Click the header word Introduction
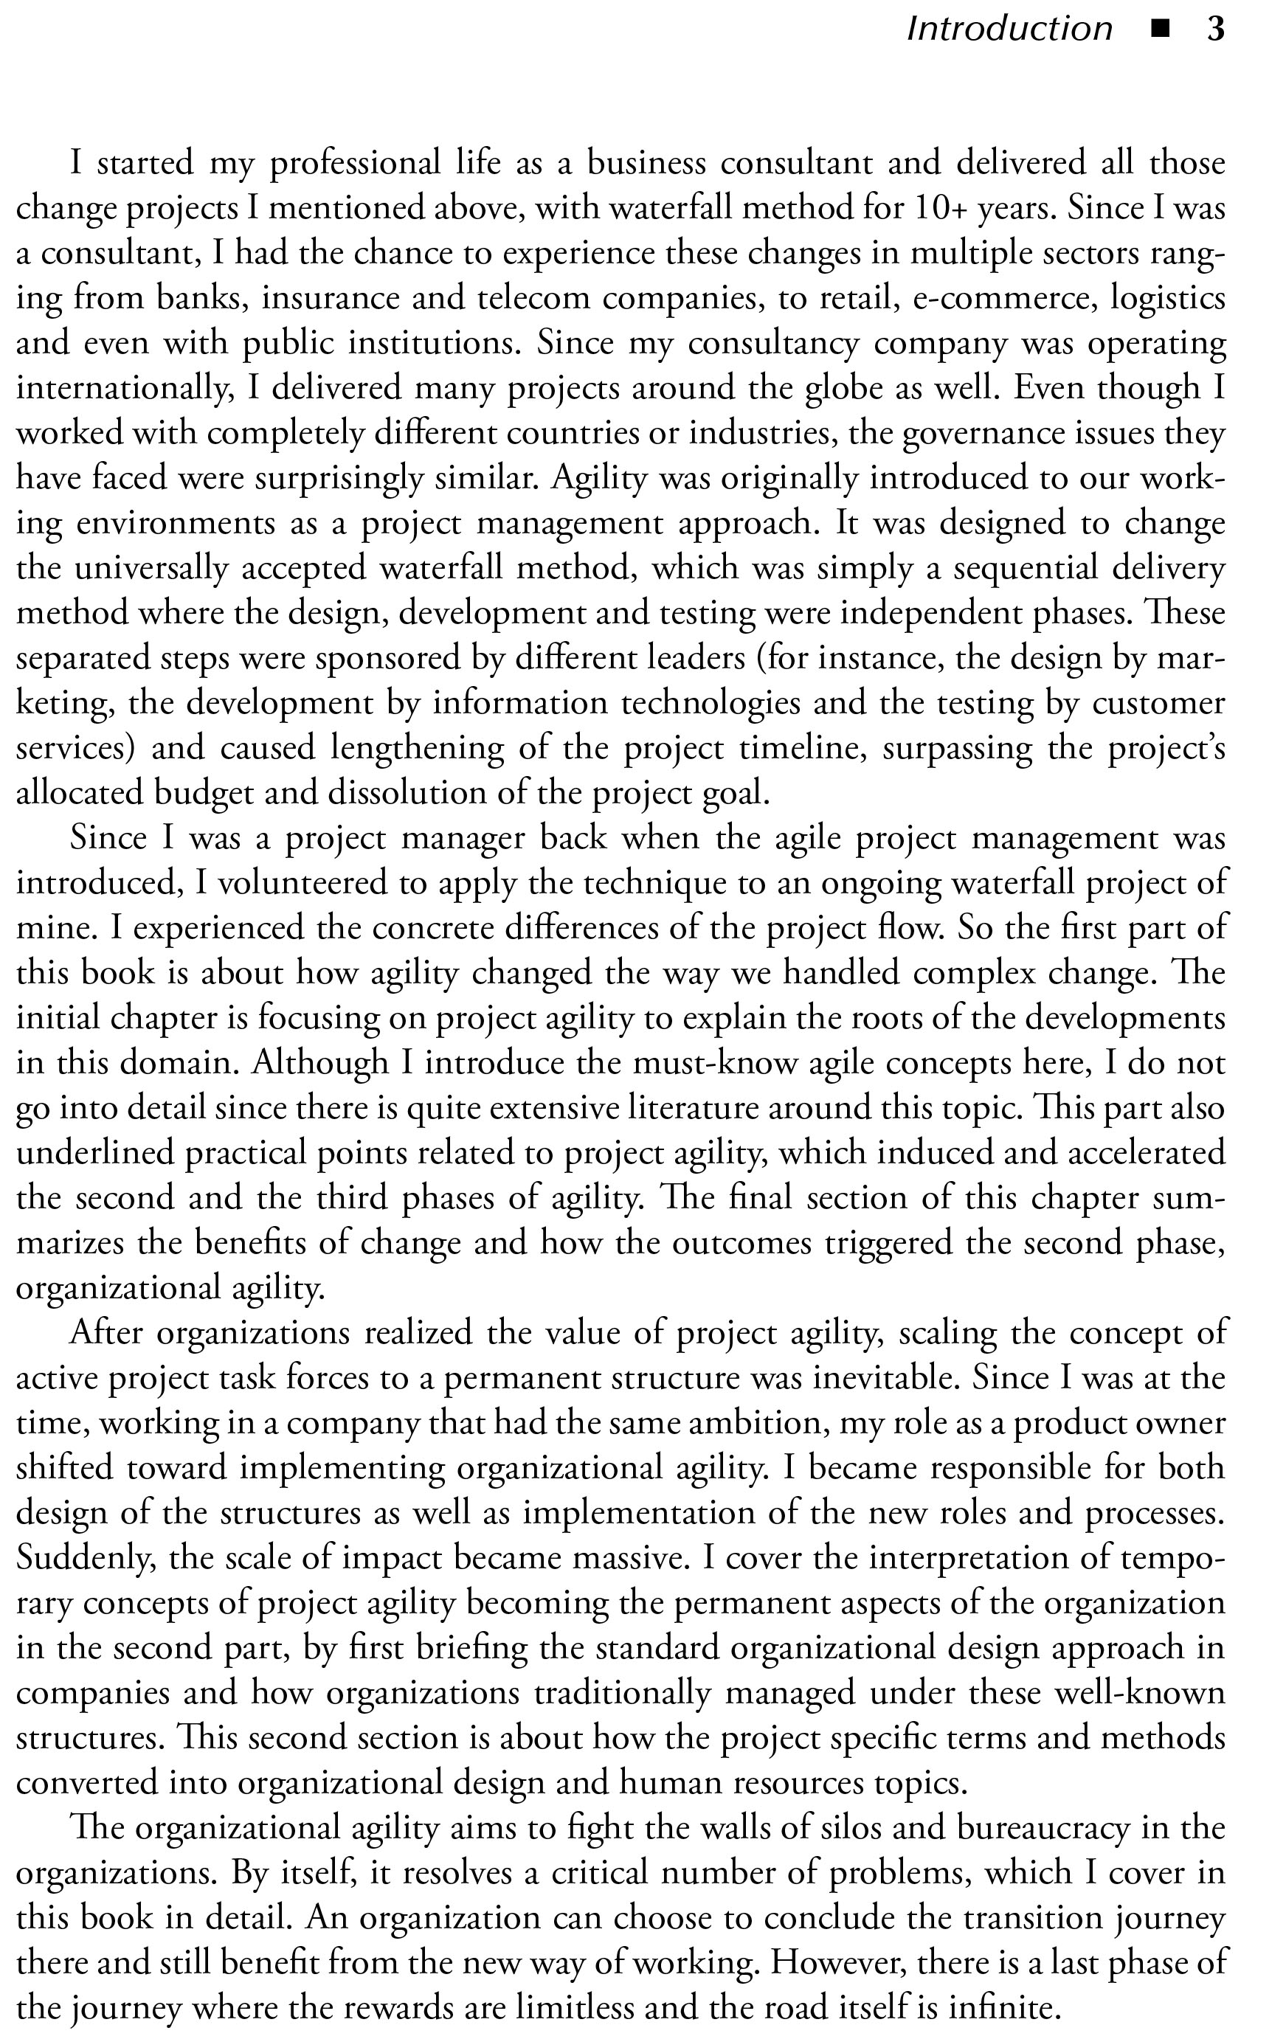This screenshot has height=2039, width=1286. (x=1009, y=30)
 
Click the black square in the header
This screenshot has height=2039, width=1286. (x=1160, y=30)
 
